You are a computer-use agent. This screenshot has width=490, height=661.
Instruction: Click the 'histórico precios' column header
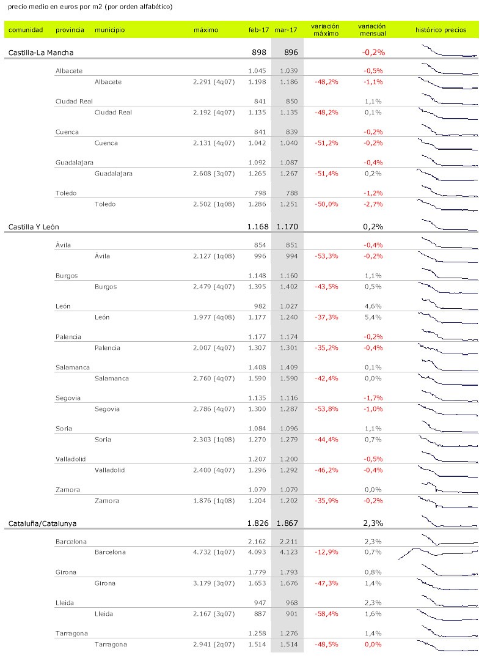(x=441, y=30)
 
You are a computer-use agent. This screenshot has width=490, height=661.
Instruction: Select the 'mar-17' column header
(x=287, y=30)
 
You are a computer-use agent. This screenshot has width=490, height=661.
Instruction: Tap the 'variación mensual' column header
(x=372, y=30)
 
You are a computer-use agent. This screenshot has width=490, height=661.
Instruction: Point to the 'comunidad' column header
(x=26, y=30)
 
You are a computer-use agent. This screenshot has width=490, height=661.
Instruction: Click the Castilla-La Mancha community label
(x=41, y=53)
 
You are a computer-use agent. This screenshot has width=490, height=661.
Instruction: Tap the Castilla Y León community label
(x=38, y=227)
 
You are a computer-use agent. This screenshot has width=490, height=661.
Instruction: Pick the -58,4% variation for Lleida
(x=326, y=613)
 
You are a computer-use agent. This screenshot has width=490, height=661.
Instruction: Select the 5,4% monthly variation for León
(x=373, y=317)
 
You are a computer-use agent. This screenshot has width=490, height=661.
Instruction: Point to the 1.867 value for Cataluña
(x=287, y=523)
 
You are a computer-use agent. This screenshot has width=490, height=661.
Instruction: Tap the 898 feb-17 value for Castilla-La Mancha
(x=259, y=53)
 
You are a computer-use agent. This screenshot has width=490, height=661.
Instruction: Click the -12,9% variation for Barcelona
(x=326, y=552)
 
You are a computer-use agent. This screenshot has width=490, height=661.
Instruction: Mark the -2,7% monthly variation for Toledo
(x=373, y=204)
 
